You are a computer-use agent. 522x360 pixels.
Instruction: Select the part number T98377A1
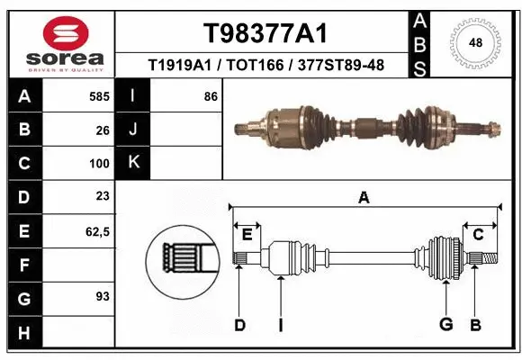263,33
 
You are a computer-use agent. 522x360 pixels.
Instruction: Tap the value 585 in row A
100,96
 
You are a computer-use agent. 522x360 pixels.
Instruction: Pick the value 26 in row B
103,130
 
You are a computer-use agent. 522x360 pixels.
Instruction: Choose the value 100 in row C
100,164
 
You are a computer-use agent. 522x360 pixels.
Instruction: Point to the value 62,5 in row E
97,231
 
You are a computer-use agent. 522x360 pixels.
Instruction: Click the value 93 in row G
103,296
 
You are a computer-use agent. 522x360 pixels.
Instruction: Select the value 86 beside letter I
211,96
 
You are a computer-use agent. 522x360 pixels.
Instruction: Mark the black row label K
134,163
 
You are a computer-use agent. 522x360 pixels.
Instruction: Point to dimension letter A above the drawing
364,198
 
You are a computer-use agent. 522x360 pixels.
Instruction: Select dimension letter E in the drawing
247,235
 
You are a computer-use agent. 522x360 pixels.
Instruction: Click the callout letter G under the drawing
444,325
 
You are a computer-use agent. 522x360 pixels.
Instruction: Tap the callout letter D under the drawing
239,325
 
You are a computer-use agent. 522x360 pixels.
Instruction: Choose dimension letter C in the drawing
479,235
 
